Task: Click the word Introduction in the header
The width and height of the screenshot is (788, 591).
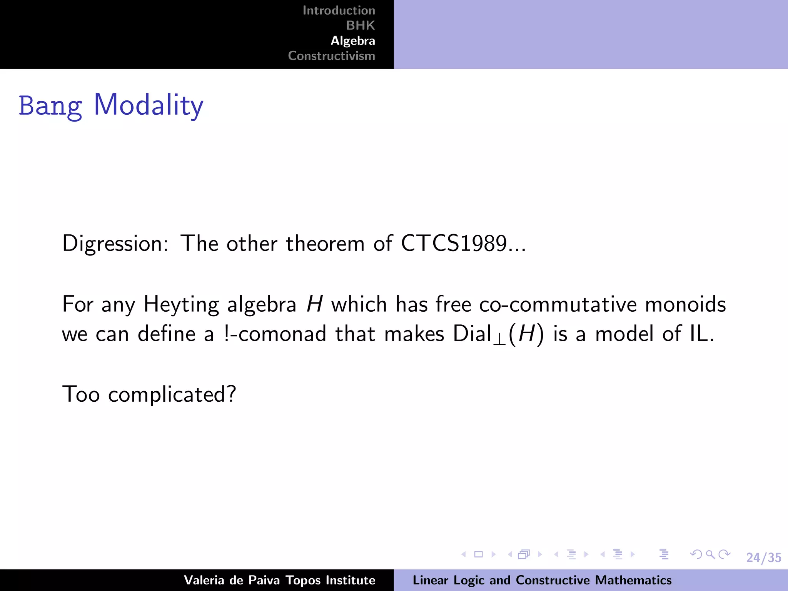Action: (x=339, y=10)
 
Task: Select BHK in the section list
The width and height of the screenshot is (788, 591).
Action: (x=360, y=25)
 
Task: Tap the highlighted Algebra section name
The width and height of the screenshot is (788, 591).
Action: (x=353, y=41)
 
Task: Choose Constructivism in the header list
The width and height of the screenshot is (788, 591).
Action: (x=331, y=56)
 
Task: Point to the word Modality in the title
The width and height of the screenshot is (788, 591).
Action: (x=149, y=105)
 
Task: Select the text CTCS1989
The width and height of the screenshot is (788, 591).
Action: (x=454, y=244)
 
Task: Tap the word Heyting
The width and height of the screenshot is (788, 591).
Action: (x=181, y=305)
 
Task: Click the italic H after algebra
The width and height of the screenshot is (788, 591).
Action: (x=314, y=305)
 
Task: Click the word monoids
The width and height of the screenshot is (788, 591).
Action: (x=685, y=305)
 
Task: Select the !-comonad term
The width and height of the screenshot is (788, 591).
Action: (x=275, y=334)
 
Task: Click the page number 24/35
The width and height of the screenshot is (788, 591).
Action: (x=763, y=558)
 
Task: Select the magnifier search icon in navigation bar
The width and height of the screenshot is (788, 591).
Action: (x=710, y=554)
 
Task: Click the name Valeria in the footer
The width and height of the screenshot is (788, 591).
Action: (x=204, y=580)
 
